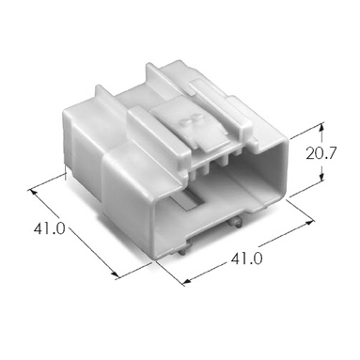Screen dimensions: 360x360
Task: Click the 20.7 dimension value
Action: click(x=321, y=153)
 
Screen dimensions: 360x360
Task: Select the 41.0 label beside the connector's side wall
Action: click(x=49, y=228)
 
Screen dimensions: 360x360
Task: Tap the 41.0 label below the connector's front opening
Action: click(x=246, y=258)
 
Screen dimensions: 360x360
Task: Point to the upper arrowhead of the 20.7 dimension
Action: click(x=321, y=126)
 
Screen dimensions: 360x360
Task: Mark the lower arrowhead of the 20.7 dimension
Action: click(x=321, y=178)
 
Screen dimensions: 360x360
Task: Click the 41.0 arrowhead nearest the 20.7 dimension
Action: click(x=309, y=222)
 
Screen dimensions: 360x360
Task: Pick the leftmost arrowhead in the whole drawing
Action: click(x=32, y=192)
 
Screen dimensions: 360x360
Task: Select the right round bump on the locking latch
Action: click(x=197, y=117)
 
